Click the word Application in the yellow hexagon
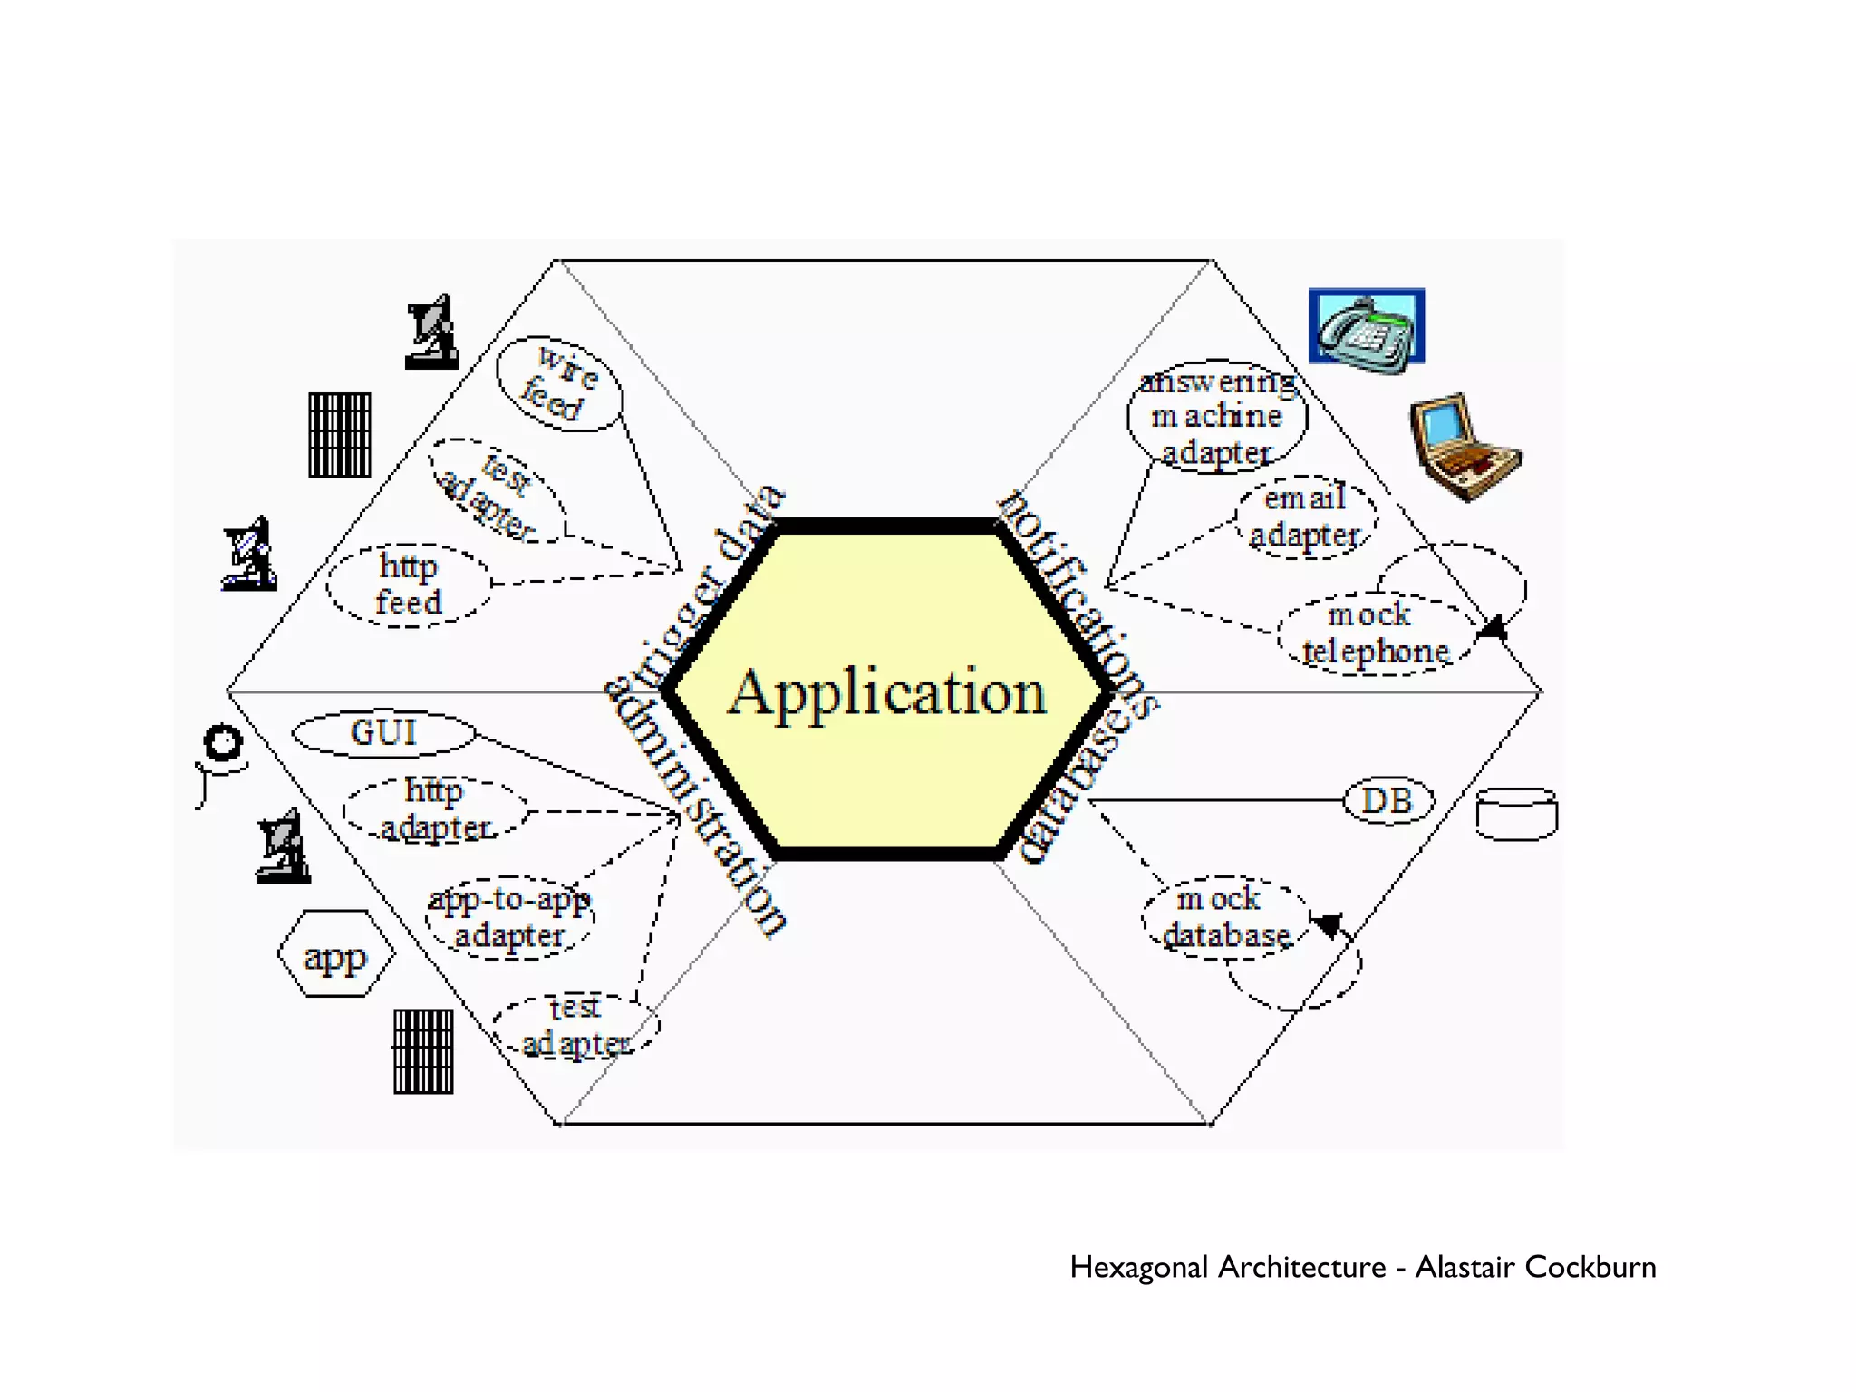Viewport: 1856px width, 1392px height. (x=887, y=693)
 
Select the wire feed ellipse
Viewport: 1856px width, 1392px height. (x=560, y=384)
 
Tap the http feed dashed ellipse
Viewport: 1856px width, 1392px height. (x=409, y=585)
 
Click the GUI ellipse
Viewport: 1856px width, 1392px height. (x=384, y=733)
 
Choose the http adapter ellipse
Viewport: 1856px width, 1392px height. (x=435, y=808)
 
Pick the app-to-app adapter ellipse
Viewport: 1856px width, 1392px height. (x=510, y=917)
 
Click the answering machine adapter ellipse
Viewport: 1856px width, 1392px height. (x=1217, y=416)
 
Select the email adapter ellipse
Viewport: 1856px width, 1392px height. (x=1305, y=517)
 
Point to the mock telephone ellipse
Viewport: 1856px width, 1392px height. (x=1374, y=633)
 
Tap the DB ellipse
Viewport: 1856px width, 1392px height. (x=1387, y=801)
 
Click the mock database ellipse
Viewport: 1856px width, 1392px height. (x=1225, y=917)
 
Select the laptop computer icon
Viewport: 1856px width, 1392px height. (x=1464, y=447)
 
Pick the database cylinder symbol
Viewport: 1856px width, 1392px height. (x=1516, y=814)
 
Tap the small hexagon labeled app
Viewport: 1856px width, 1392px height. (x=336, y=954)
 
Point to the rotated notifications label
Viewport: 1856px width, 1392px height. (x=1078, y=603)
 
